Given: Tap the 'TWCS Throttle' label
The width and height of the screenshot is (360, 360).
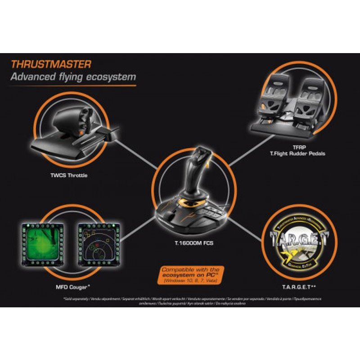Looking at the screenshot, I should pos(69,175).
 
